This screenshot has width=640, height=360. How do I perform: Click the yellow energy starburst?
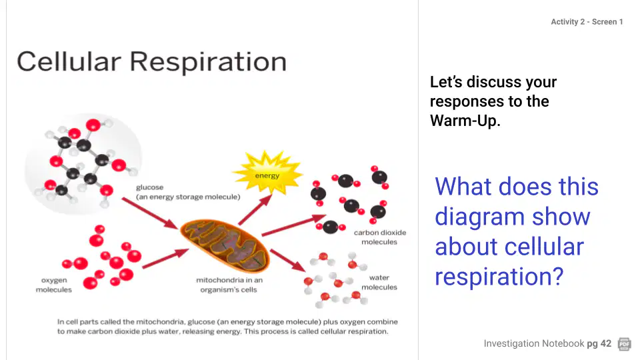(267, 173)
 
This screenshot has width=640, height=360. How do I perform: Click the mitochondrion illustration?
(226, 245)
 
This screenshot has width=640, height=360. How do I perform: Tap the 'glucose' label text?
(149, 187)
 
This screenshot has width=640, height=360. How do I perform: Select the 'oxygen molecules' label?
(53, 285)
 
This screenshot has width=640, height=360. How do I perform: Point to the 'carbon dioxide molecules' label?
(379, 237)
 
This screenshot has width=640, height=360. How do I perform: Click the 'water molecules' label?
(379, 283)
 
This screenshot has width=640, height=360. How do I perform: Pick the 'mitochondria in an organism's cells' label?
(229, 285)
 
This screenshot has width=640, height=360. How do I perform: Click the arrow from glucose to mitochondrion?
(150, 213)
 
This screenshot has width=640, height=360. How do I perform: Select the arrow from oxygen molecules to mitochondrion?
(165, 259)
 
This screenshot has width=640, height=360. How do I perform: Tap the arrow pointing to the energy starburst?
(255, 209)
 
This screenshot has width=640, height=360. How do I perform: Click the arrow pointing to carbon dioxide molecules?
(293, 225)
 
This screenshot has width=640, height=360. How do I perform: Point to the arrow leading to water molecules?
(288, 261)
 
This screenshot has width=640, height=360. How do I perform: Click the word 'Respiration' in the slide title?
(208, 62)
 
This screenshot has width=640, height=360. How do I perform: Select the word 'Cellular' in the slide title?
(69, 61)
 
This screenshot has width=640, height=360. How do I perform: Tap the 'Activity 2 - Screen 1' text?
(587, 21)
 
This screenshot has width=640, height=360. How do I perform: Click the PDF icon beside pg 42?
(625, 344)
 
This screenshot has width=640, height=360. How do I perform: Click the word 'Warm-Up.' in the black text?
(465, 121)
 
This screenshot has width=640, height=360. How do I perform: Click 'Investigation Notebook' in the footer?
(534, 344)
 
